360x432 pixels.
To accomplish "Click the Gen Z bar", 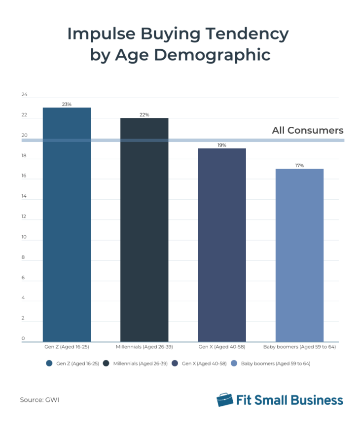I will (x=67, y=224).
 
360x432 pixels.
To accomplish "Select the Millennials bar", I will (x=144, y=229).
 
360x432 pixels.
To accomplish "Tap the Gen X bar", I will (x=222, y=245).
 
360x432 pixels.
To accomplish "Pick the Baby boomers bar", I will (x=299, y=255).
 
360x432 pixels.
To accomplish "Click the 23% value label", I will (x=67, y=104).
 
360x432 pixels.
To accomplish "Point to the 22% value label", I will (x=144, y=114).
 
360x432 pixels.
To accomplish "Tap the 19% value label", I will (x=222, y=145).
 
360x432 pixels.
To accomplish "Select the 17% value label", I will (x=299, y=165).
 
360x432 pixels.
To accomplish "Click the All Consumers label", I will (x=307, y=131).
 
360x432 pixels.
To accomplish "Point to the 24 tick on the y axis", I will (x=24, y=95).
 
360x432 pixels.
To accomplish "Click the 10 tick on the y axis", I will (x=24, y=237).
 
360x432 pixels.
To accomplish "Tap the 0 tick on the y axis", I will (x=23, y=339).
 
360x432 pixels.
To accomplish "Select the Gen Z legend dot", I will (x=49, y=363).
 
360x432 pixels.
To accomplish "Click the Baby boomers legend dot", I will (x=234, y=363).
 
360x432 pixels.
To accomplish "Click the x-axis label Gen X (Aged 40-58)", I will (x=222, y=347).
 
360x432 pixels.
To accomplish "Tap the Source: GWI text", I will (x=39, y=399).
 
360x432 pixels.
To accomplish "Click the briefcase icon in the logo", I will (x=225, y=399).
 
